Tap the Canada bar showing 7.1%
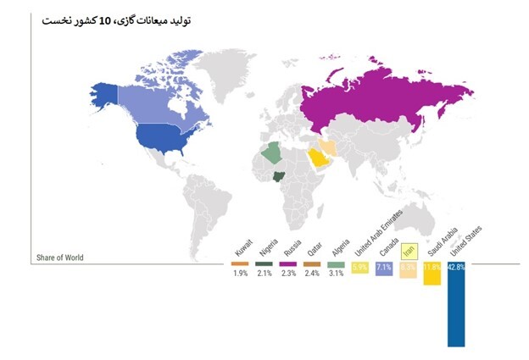coord(384,269)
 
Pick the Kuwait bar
coord(242,263)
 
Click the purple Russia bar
coord(288,263)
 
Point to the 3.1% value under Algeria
coord(337,274)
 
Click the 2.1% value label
coord(265,274)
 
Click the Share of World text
coord(59,258)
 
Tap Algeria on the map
coord(272,153)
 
